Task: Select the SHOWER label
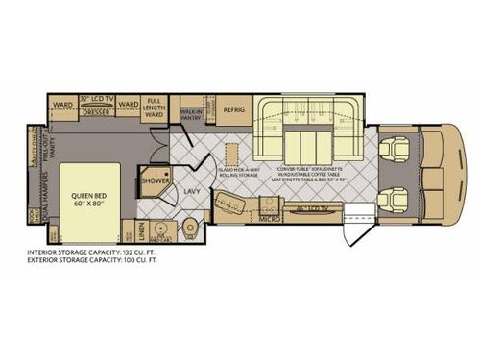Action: [x=155, y=180]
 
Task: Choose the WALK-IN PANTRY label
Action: [x=190, y=114]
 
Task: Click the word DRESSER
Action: [x=99, y=111]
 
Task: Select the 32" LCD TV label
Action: [x=98, y=98]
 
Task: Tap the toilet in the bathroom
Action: [x=189, y=226]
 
